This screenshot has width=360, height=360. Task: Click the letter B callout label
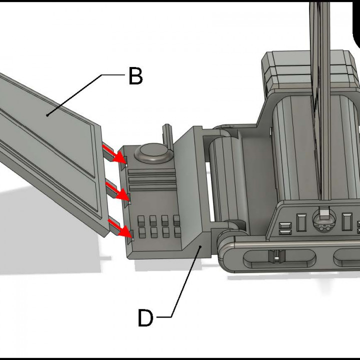(135, 76)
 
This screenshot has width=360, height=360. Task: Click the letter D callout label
(145, 318)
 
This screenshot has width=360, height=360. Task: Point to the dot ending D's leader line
(201, 246)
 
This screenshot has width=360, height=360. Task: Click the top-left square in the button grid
(141, 219)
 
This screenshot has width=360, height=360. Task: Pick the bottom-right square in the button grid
(176, 231)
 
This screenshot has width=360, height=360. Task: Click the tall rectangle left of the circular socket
(301, 222)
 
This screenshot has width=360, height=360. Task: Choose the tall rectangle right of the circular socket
(344, 221)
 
